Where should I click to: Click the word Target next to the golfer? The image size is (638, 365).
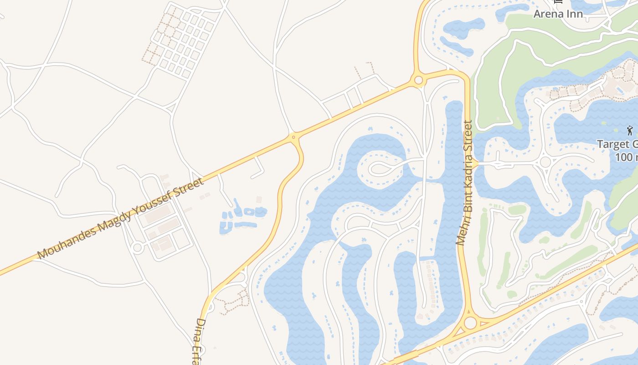(613, 145)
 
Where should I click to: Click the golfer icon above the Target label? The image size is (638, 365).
(630, 130)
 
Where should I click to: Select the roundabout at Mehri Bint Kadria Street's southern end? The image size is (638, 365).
(470, 323)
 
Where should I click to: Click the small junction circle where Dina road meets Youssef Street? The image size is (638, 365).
(293, 136)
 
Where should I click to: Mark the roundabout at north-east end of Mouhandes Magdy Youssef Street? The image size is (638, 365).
(418, 81)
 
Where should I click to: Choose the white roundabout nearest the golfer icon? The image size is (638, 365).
(545, 162)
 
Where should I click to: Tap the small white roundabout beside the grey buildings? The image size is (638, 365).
(137, 248)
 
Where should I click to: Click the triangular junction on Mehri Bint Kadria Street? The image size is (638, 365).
(475, 163)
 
